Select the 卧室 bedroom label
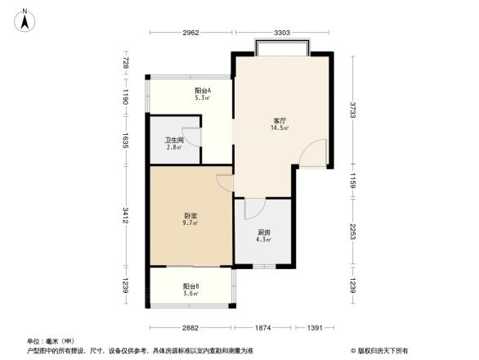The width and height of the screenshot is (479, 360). [190, 216]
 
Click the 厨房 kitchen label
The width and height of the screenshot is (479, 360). [264, 232]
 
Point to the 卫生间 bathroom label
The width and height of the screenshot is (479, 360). [174, 139]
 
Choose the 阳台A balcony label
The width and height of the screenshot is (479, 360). [202, 90]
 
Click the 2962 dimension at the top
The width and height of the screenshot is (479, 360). [190, 33]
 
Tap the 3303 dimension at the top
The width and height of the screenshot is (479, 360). [282, 33]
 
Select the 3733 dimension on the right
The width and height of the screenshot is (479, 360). [355, 110]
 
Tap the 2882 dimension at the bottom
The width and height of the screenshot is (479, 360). [190, 328]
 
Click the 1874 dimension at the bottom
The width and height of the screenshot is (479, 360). [262, 328]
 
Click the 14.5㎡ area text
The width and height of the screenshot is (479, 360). [278, 128]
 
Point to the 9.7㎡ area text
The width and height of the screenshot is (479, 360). [190, 223]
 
